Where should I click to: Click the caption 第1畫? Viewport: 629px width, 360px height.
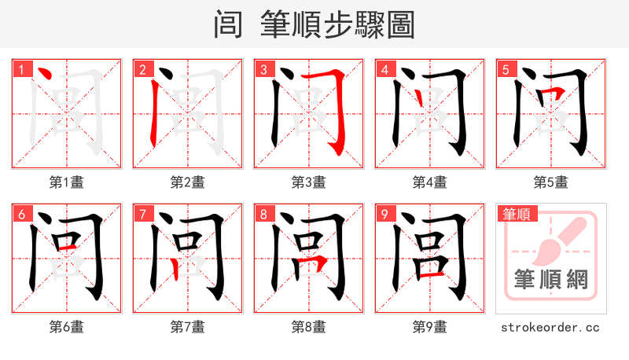pos(66,182)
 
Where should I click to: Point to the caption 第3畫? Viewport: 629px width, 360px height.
pos(308,182)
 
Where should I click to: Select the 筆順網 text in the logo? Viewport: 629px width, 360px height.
pos(550,279)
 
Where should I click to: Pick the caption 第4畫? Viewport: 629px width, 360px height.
pos(429,182)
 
